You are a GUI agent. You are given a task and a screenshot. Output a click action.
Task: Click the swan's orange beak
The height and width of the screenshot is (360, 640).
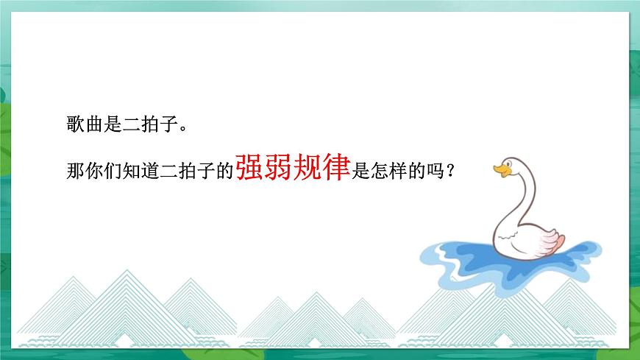[500, 172]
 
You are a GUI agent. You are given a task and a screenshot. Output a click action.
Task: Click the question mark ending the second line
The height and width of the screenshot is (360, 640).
[450, 171]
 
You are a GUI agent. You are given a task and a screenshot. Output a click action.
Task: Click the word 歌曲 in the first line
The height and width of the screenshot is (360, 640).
[82, 124]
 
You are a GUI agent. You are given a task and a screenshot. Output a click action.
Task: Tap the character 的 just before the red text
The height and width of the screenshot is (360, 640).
[225, 170]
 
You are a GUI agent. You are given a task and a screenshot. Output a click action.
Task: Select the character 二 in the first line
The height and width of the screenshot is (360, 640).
[128, 124]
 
